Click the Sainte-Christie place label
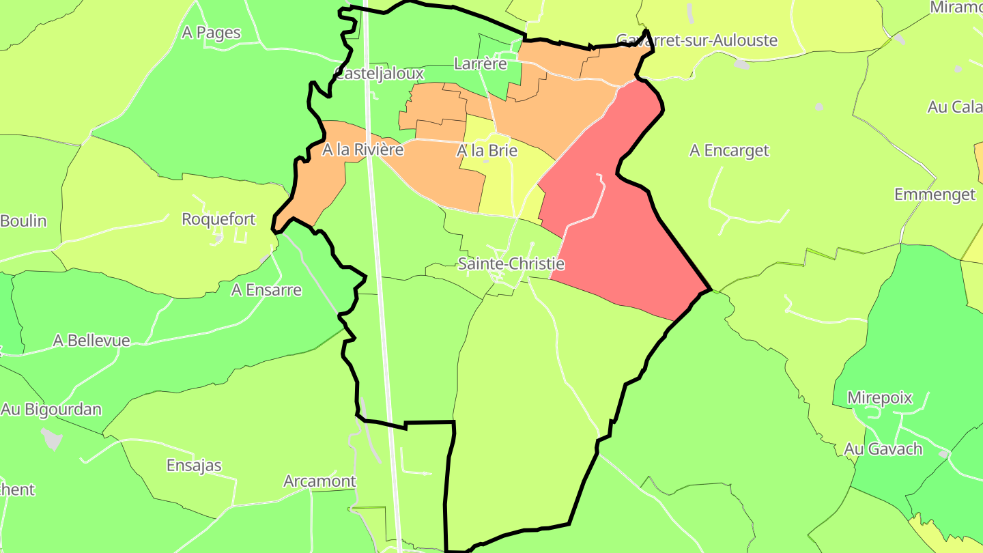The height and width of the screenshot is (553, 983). [x=511, y=264]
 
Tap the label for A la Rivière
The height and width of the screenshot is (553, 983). [x=363, y=150]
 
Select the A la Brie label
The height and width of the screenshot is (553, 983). [x=487, y=151]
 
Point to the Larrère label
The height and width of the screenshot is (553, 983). [x=481, y=64]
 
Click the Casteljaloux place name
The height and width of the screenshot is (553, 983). [x=380, y=73]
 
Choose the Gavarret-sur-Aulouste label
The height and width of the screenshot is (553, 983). [x=696, y=40]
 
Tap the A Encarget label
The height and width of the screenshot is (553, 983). [x=729, y=151]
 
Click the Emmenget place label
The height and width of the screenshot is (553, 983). [x=935, y=195]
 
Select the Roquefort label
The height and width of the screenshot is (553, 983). [x=218, y=219]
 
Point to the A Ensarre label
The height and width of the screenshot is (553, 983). [x=266, y=289]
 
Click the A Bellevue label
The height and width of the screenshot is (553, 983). [x=91, y=340]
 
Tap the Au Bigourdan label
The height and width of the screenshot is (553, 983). [x=51, y=410]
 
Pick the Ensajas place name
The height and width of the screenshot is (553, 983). [x=194, y=466]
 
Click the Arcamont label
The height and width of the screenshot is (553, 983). [x=319, y=481]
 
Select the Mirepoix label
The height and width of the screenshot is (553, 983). [x=879, y=398]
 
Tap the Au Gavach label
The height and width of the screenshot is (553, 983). [x=883, y=449]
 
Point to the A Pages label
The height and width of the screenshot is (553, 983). [x=211, y=33]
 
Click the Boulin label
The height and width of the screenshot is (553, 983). [x=24, y=221]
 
